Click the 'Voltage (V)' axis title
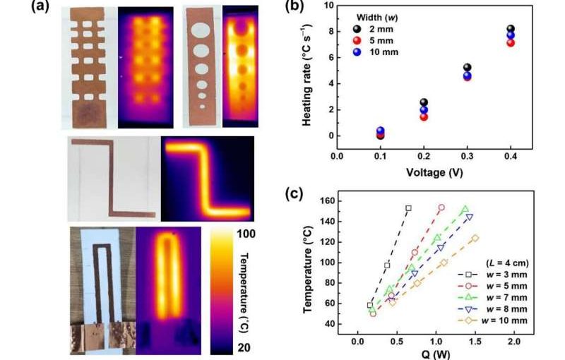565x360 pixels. [429, 171]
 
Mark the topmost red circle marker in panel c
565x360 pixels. [441, 208]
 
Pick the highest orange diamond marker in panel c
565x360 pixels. [475, 239]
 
